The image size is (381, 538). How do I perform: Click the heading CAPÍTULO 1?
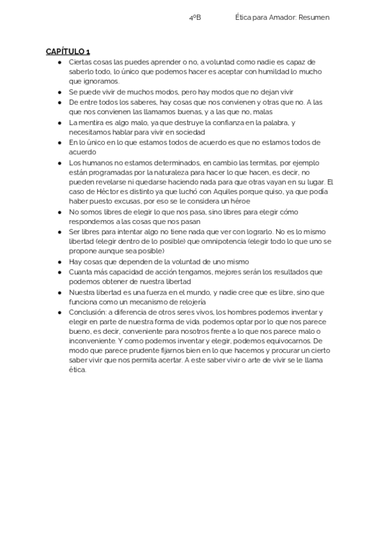click(x=67, y=51)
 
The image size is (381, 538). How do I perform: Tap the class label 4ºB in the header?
click(x=195, y=18)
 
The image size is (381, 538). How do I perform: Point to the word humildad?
click(x=259, y=72)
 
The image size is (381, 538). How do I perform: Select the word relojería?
click(x=187, y=301)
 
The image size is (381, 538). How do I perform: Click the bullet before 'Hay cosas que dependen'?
click(x=60, y=261)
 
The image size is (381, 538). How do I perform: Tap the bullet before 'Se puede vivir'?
click(x=60, y=91)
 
